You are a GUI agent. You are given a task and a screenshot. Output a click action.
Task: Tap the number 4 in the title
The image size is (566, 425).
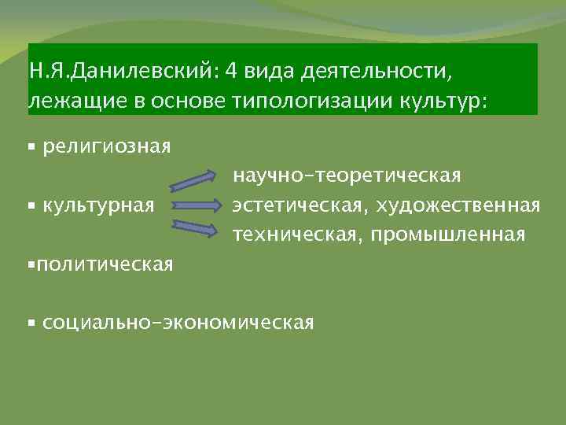[x=230, y=72]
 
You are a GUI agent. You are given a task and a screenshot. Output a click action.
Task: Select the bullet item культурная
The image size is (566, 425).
[x=98, y=206]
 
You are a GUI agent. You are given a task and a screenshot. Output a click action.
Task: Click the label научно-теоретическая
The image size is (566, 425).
[x=346, y=177]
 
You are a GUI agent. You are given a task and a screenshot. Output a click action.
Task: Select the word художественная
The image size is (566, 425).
[x=458, y=206]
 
